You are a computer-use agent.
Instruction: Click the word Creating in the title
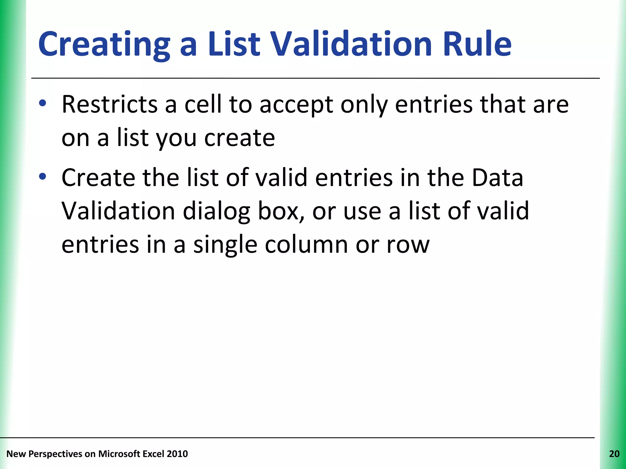click(104, 44)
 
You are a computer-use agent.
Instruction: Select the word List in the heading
click(234, 44)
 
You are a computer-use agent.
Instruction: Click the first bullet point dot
click(42, 103)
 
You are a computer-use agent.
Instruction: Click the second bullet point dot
click(42, 176)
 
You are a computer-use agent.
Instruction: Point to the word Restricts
click(110, 104)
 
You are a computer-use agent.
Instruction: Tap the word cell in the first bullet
click(203, 104)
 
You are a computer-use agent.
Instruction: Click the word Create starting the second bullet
click(98, 178)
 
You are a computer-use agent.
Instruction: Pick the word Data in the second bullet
click(497, 178)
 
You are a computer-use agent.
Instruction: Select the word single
click(225, 245)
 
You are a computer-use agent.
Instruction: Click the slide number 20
click(614, 454)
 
